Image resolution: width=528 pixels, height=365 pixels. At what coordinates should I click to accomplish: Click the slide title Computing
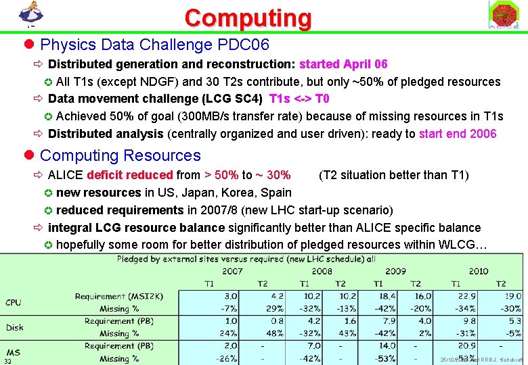click(248, 18)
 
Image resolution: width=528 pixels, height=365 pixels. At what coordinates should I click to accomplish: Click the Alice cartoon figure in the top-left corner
click(29, 14)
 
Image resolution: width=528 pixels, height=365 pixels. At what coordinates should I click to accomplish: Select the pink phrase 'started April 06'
click(343, 64)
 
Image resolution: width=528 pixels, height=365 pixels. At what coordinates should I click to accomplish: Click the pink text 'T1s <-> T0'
click(299, 99)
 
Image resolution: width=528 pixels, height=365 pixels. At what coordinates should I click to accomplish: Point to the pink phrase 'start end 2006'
click(458, 134)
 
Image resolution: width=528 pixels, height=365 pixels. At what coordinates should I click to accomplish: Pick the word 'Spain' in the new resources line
click(276, 193)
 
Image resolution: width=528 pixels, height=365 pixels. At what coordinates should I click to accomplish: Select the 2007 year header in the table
click(232, 271)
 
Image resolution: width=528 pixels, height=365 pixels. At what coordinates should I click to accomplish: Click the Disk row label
click(15, 327)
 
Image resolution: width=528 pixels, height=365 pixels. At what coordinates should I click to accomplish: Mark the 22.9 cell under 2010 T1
click(468, 296)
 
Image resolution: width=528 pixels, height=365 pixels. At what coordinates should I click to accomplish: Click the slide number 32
click(7, 362)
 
